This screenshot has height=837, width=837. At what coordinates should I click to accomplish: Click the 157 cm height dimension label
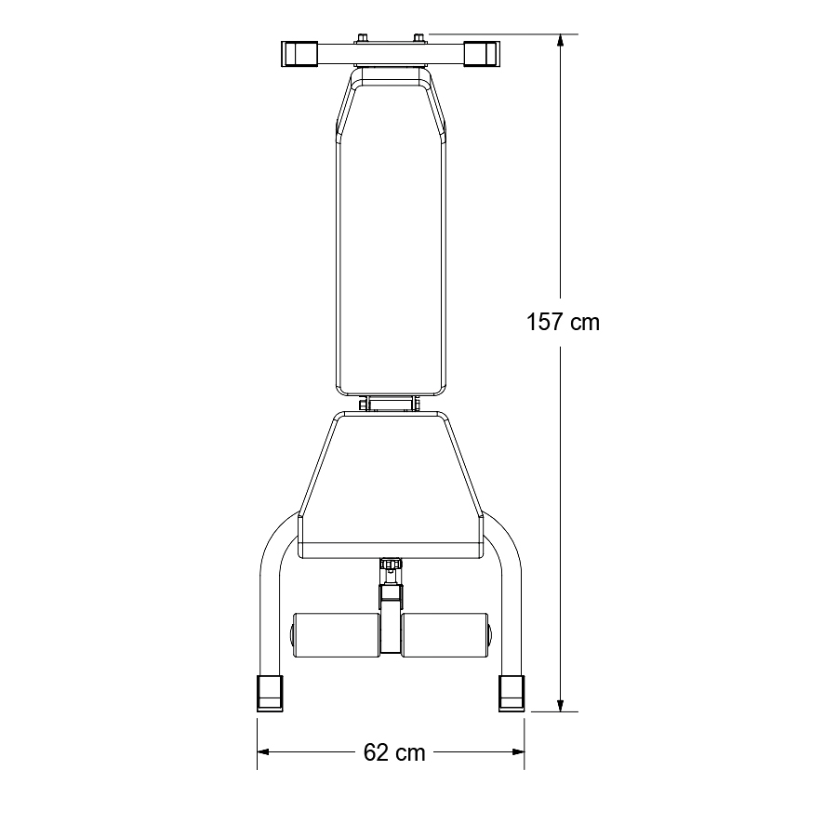point(563,323)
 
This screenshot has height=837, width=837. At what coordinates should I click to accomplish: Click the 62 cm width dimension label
point(394,752)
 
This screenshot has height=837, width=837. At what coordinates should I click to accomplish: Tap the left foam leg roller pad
point(335,634)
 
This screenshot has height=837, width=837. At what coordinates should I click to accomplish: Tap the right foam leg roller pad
point(445,634)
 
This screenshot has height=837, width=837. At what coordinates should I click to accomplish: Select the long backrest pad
point(390,232)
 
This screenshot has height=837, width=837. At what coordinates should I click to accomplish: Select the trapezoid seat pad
point(390,484)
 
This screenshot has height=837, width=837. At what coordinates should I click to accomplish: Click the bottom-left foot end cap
point(270,692)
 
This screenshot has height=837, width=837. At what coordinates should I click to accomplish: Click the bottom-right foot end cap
point(511,692)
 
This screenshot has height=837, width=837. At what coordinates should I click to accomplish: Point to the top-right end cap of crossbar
point(481,53)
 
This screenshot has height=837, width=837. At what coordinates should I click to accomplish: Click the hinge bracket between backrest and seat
point(390,404)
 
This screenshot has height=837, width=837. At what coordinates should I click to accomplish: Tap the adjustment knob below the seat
point(390,564)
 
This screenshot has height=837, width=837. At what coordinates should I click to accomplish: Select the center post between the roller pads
point(390,618)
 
